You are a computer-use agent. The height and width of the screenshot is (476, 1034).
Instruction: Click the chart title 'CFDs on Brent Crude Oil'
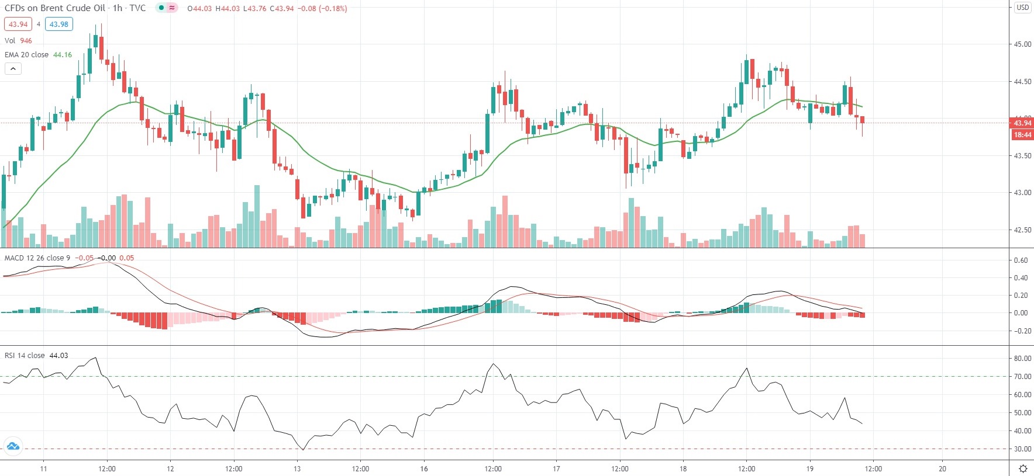point(55,8)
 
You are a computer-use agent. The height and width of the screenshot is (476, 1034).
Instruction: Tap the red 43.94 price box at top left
point(18,25)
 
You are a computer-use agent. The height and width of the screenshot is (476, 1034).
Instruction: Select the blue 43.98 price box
point(58,25)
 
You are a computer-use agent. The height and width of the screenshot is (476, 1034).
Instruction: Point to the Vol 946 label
point(18,41)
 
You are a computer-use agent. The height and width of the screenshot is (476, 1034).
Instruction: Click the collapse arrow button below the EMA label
point(13,69)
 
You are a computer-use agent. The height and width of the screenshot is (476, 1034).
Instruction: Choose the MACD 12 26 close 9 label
point(37,258)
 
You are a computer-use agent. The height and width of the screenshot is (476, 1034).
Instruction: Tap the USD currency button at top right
point(1022,8)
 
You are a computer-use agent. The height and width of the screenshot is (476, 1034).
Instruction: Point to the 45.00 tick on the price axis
point(1022,44)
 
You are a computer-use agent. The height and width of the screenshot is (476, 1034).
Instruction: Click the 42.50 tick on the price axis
point(1022,230)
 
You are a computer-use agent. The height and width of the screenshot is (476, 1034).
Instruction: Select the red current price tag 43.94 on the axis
point(1022,123)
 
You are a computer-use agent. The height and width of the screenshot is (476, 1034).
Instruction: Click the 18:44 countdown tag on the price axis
point(1022,135)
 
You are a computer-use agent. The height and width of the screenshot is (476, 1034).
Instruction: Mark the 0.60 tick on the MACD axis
point(1021,261)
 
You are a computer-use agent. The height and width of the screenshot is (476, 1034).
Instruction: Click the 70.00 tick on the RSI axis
point(1022,377)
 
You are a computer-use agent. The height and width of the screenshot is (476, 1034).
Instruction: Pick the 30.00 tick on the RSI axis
point(1022,449)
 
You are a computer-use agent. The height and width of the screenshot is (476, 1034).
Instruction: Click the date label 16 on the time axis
point(424,468)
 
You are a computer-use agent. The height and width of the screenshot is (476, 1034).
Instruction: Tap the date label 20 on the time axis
point(942,468)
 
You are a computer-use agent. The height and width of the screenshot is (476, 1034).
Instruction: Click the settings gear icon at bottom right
point(1023,468)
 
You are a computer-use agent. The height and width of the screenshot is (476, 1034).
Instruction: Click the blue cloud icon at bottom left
point(13,447)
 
